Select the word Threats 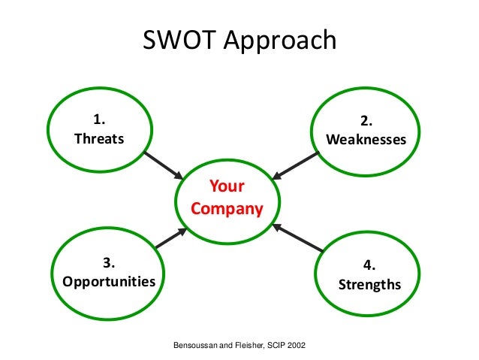99,139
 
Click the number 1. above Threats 99,120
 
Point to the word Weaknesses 366,140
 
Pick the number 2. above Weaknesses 366,121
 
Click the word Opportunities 109,282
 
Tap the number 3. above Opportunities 109,263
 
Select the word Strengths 369,285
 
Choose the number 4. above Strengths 369,265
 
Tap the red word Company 227,208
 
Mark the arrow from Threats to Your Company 163,165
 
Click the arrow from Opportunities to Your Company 170,238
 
